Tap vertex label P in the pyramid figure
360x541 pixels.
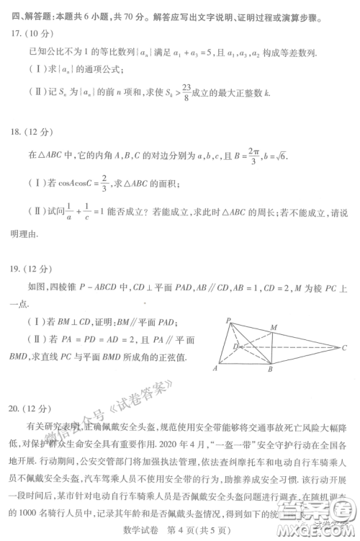click(x=227, y=300)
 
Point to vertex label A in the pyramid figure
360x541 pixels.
click(x=215, y=367)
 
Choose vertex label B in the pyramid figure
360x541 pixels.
click(x=269, y=369)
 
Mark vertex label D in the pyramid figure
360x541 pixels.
click(x=235, y=346)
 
